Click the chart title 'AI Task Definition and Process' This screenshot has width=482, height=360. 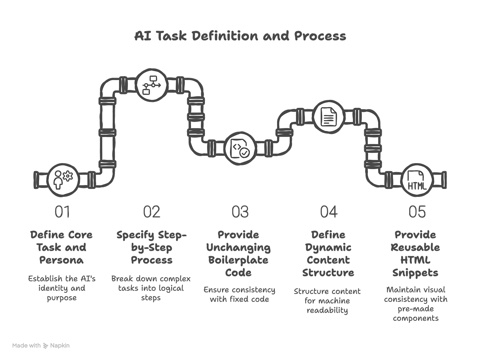click(x=240, y=36)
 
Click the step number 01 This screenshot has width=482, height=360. click(x=62, y=212)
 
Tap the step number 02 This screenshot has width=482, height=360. click(x=152, y=212)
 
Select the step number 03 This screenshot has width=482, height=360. click(x=240, y=212)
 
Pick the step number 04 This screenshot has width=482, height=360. click(x=329, y=212)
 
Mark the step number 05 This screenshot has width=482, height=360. click(x=417, y=212)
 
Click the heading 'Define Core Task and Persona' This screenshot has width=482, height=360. click(x=62, y=247)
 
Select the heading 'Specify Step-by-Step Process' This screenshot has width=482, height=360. click(x=152, y=247)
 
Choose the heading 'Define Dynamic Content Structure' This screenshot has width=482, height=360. click(x=328, y=254)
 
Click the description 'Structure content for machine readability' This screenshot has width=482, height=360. click(x=327, y=301)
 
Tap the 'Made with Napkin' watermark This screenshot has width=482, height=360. click(x=41, y=346)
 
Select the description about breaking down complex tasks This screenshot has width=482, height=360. click(x=151, y=288)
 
